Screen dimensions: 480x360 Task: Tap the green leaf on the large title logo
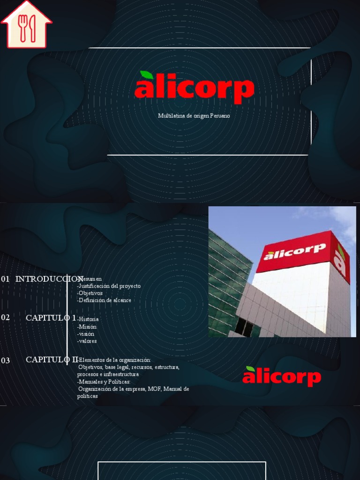pos(147,75)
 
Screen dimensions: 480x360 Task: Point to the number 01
pos(6,279)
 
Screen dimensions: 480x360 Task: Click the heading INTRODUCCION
pos(49,279)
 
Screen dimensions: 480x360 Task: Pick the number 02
pos(6,317)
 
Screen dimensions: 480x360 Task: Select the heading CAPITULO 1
pos(51,318)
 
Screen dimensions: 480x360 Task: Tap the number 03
pos(6,360)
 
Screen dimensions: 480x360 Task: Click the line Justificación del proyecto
pos(109,286)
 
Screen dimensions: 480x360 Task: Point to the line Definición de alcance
pos(105,300)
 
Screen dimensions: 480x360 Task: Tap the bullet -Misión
pos(87,327)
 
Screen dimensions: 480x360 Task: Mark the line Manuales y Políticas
pos(104,382)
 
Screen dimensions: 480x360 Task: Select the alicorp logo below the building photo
pos(281,376)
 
